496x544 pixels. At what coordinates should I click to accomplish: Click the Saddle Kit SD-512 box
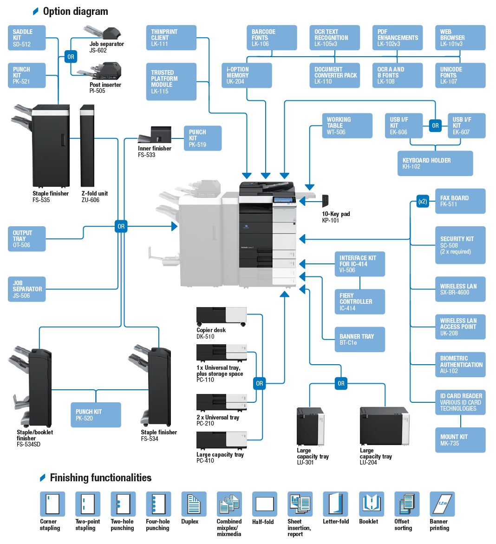(x=27, y=38)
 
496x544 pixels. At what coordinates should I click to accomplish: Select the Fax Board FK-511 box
(x=460, y=201)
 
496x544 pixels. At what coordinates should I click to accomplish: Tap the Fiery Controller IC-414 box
(x=359, y=301)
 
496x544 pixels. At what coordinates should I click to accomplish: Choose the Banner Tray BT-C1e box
(x=359, y=340)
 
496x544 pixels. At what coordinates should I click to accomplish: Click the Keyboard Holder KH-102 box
(x=435, y=164)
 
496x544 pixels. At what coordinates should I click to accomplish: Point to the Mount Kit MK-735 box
(x=460, y=440)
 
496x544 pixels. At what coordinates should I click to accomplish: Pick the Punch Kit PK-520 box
(x=96, y=415)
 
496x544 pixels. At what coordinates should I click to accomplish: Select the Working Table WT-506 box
(x=347, y=126)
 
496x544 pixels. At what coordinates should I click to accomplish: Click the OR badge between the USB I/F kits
(x=435, y=125)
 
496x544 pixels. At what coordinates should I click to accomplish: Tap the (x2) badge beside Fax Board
(x=422, y=202)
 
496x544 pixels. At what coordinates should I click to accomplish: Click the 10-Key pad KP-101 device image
(x=326, y=201)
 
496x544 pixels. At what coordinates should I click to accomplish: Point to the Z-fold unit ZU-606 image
(x=87, y=146)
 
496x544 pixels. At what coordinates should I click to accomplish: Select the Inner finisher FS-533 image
(x=156, y=135)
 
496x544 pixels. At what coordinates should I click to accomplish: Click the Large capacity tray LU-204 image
(x=384, y=426)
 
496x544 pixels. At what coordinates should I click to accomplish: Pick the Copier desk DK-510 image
(x=221, y=316)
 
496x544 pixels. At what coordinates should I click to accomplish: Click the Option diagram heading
(x=75, y=12)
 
